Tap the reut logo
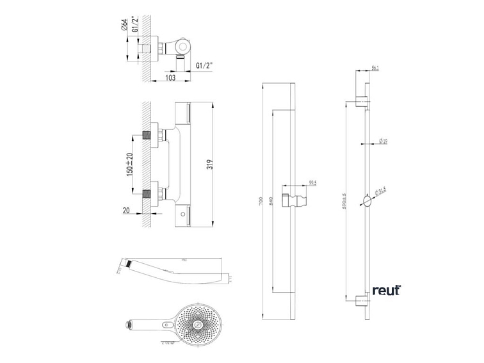(386, 290)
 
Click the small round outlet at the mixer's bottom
(184, 212)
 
